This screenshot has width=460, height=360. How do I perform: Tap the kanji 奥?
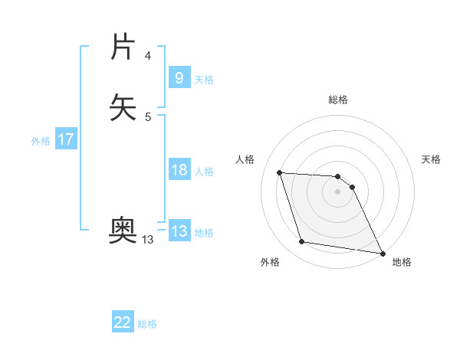[123, 229]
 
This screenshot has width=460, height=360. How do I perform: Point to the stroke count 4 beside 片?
[147, 56]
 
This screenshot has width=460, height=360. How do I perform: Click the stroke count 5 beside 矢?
[147, 116]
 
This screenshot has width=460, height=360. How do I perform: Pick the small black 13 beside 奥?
[147, 240]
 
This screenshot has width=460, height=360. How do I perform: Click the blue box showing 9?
[178, 78]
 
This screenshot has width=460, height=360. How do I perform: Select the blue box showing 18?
[179, 170]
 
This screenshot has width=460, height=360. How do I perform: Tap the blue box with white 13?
[179, 231]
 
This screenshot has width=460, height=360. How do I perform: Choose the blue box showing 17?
[65, 139]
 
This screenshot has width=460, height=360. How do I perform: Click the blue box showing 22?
[123, 322]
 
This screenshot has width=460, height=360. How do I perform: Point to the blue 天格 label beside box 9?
[204, 80]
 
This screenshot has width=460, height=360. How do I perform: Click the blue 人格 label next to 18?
[204, 172]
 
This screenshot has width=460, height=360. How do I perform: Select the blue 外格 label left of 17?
[41, 141]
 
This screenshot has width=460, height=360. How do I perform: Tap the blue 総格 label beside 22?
[147, 324]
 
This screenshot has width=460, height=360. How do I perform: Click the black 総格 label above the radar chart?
[337, 100]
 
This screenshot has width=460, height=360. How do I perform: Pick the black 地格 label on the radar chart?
[402, 262]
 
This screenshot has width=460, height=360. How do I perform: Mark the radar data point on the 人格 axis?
[280, 173]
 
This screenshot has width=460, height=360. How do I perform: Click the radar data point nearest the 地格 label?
[383, 253]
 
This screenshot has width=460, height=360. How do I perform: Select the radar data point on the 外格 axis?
[302, 242]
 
